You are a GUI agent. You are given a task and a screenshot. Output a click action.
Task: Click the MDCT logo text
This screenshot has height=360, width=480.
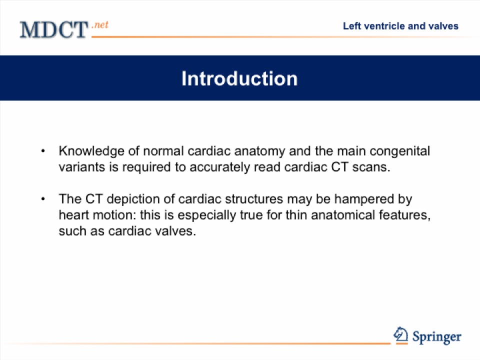pyautogui.click(x=54, y=29)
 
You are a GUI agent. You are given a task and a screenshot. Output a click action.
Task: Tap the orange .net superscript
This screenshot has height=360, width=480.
pyautogui.click(x=100, y=24)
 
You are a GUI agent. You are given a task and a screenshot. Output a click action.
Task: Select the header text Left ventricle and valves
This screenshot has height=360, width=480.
pyautogui.click(x=400, y=26)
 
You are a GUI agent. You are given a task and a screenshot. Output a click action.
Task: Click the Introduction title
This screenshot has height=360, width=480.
pyautogui.click(x=239, y=78)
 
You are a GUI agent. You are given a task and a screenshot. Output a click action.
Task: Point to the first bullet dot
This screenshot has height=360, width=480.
pyautogui.click(x=43, y=151)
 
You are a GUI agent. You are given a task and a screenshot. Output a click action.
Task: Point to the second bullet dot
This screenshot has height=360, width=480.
pyautogui.click(x=43, y=199)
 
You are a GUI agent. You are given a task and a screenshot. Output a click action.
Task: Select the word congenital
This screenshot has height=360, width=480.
pyautogui.click(x=399, y=151)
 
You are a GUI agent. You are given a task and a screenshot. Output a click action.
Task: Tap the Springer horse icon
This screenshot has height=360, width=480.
pyautogui.click(x=400, y=335)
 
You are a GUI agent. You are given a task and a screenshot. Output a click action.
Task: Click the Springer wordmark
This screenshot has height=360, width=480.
pyautogui.click(x=437, y=337)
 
